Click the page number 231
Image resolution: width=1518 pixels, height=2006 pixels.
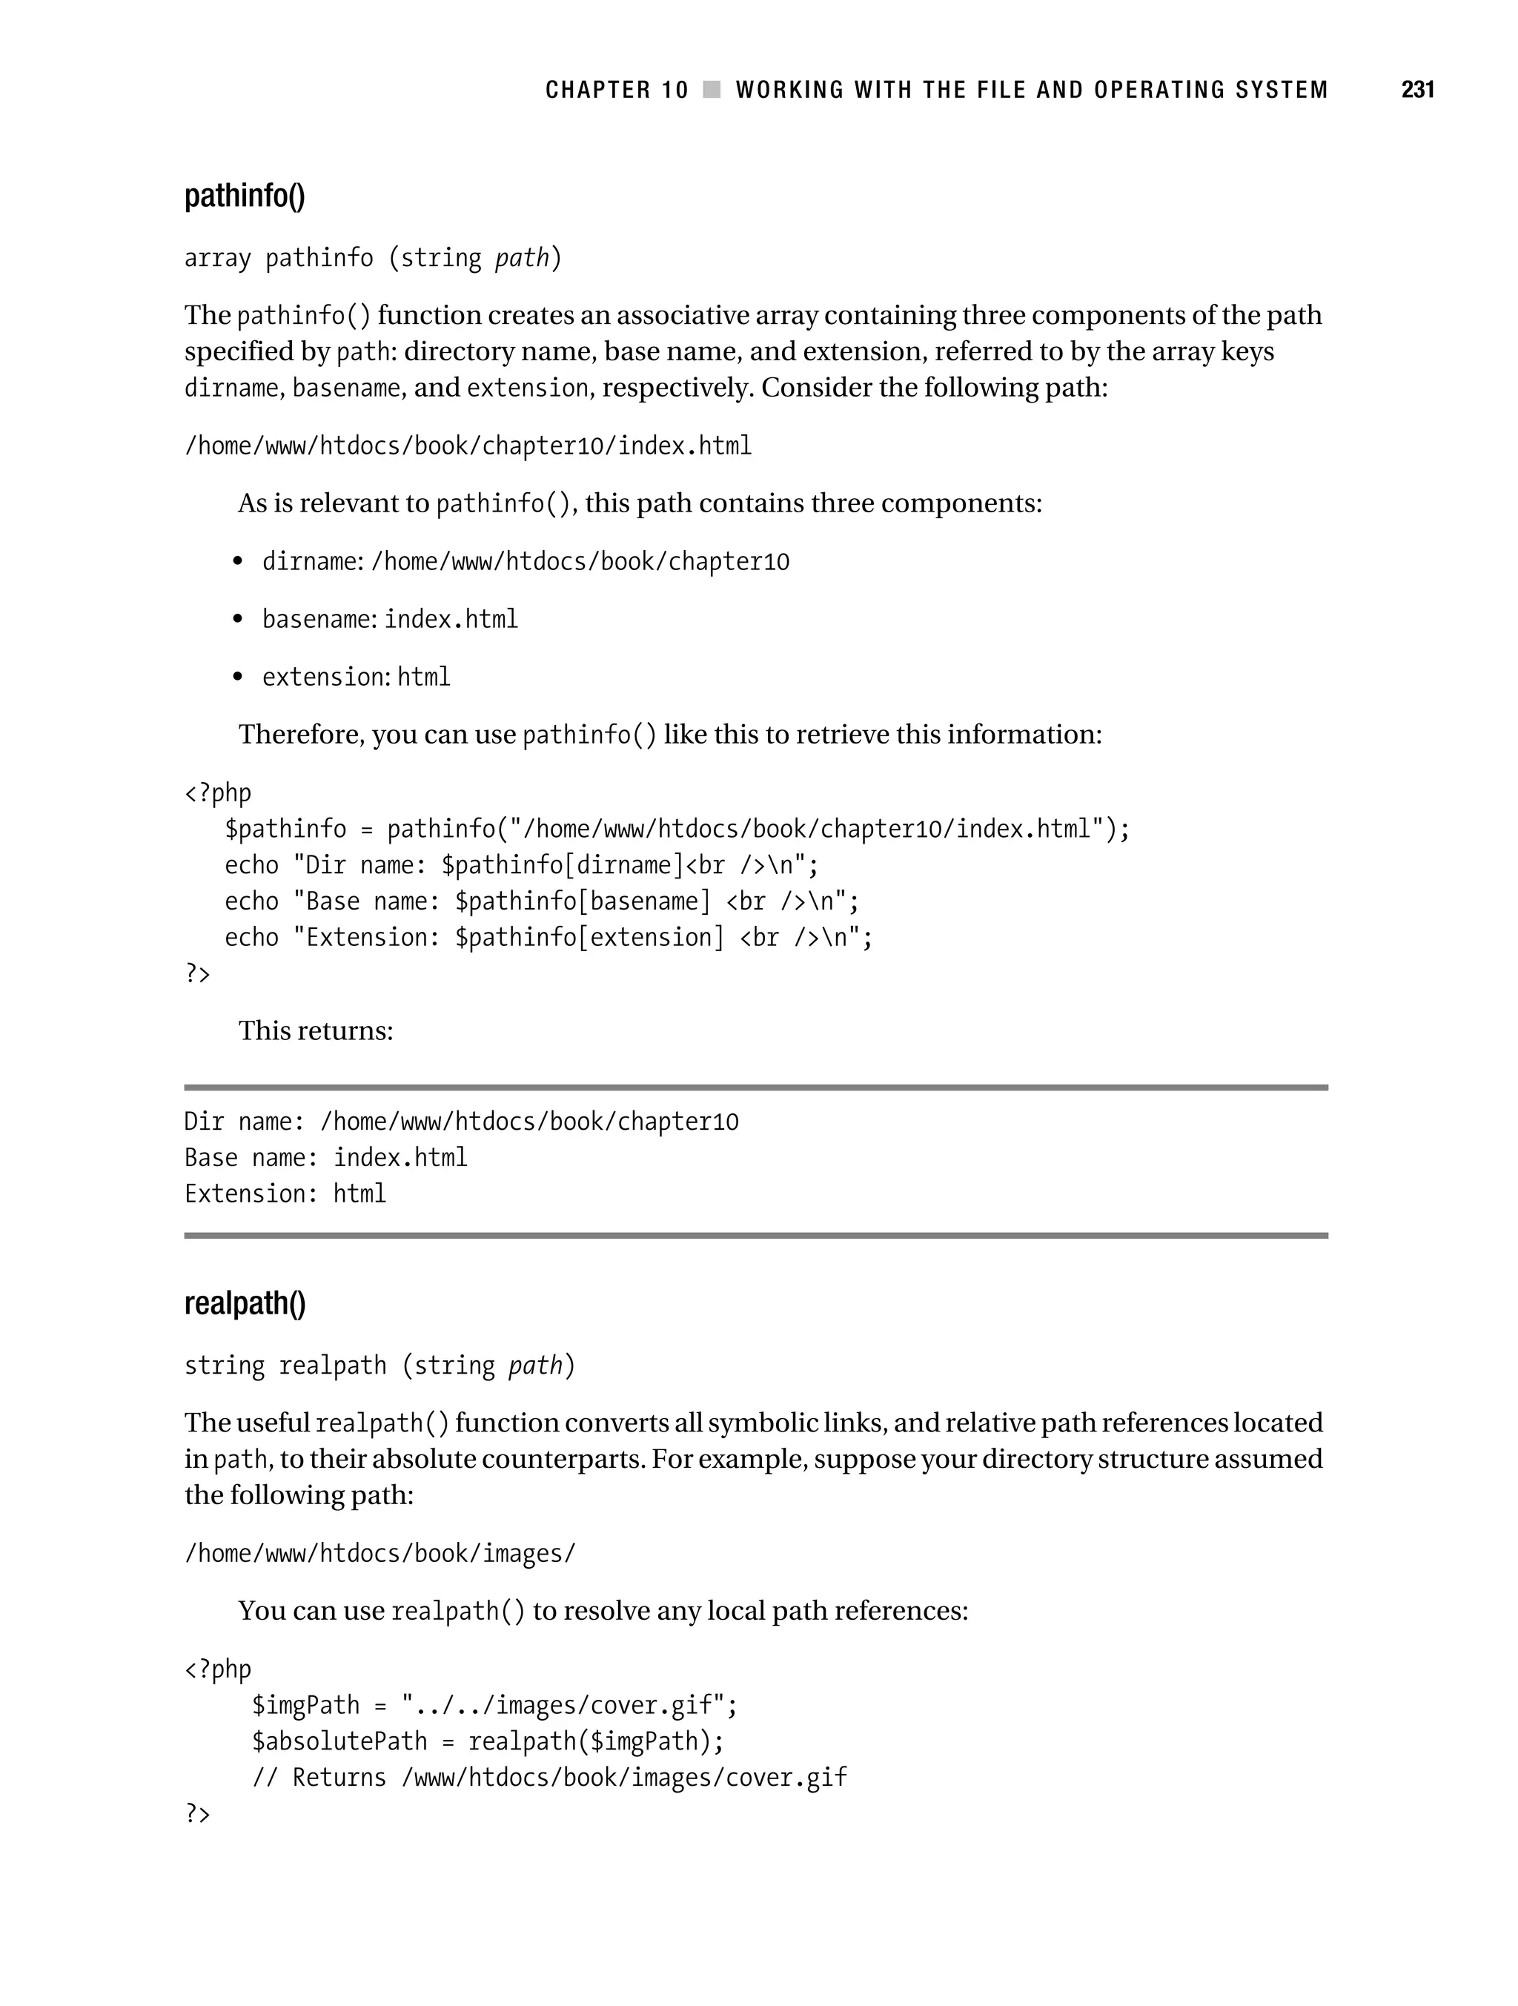[1417, 90]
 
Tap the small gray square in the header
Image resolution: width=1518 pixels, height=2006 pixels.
[712, 90]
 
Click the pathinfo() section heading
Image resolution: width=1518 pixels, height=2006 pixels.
[245, 196]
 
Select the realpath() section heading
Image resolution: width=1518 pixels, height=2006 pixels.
[245, 1303]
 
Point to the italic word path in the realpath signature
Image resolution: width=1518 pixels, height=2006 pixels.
[535, 1366]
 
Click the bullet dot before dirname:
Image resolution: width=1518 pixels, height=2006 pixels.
[238, 561]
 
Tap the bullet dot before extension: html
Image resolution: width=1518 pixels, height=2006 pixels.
[238, 677]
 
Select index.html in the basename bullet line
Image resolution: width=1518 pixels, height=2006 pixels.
[451, 620]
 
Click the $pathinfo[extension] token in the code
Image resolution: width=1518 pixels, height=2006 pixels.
[589, 938]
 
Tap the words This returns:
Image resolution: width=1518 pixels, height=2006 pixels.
[316, 1031]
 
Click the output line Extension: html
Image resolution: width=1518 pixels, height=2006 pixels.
[285, 1194]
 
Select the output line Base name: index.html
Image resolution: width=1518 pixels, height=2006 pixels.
[325, 1158]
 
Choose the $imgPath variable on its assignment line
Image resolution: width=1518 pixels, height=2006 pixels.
[305, 1706]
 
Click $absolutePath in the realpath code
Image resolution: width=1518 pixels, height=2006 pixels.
[339, 1742]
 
